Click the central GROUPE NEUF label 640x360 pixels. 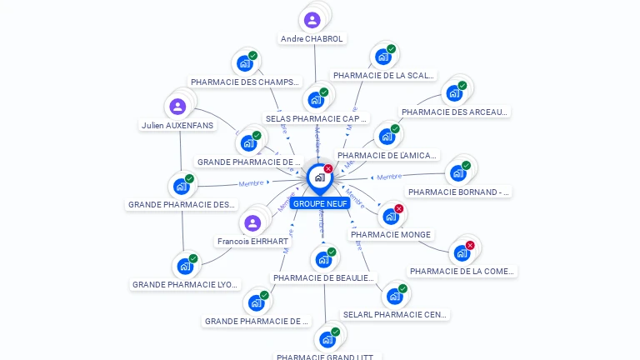pos(320,203)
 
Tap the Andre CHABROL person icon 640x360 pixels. pos(312,20)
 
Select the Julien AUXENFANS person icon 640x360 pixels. pos(177,106)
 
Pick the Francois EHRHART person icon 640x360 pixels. pos(252,222)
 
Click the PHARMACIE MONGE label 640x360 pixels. pos(391,235)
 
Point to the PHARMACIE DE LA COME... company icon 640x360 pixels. pos(462,252)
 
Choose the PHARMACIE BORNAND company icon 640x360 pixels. pos(457,172)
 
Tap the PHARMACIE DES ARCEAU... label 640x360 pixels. pos(454,112)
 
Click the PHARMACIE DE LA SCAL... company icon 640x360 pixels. pos(382,57)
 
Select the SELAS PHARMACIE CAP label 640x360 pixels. pos(316,118)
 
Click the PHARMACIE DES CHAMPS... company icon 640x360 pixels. pos(244,63)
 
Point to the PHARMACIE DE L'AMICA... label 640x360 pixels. pos(387,155)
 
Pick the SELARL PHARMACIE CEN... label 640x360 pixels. pos(396,315)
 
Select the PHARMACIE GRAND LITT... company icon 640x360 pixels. pos(327,339)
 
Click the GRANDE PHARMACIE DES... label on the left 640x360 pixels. pos(182,204)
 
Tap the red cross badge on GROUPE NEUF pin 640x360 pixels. pos(328,168)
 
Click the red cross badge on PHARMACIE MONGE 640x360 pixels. pos(399,208)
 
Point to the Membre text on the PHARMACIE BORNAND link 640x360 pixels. pos(389,177)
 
